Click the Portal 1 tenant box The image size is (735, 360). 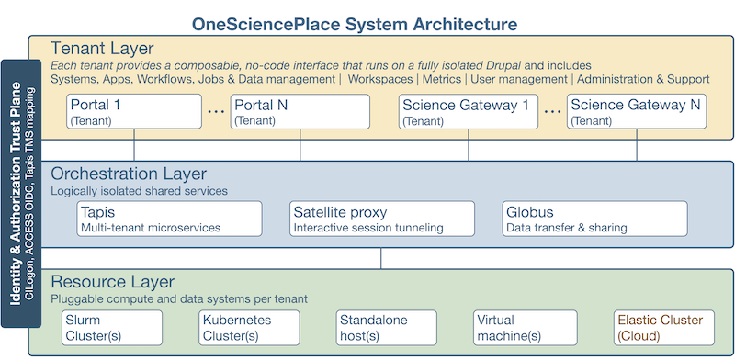[x=134, y=112]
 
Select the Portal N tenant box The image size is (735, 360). [x=300, y=112]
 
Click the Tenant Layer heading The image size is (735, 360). [x=102, y=48]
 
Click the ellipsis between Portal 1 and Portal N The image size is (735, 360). [x=216, y=112]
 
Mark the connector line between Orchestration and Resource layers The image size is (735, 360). [x=380, y=258]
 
